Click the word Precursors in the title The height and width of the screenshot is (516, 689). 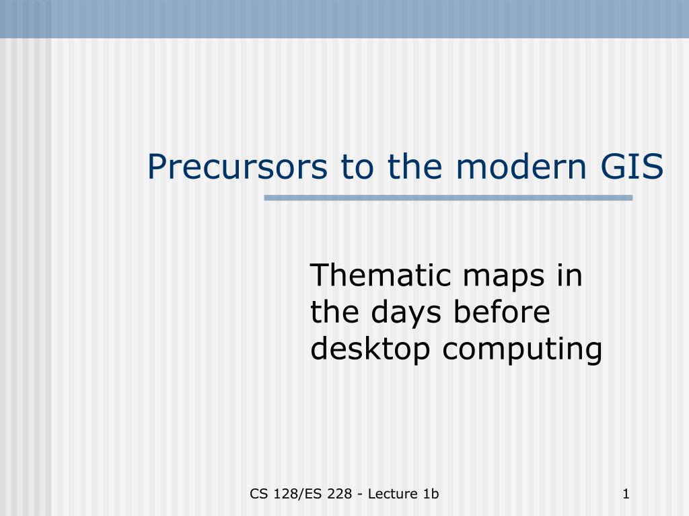click(x=238, y=167)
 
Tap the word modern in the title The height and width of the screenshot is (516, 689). click(x=521, y=167)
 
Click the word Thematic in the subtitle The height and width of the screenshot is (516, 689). click(x=381, y=275)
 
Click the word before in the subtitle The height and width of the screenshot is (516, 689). click(x=501, y=312)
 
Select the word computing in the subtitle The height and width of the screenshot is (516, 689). click(x=522, y=350)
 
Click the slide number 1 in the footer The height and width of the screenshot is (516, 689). click(x=626, y=494)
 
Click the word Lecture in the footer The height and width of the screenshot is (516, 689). click(x=393, y=494)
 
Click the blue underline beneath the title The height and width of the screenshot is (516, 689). click(x=448, y=198)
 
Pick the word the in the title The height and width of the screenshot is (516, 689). click(x=414, y=167)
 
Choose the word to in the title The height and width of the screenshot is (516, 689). click(x=357, y=167)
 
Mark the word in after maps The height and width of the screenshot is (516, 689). click(x=569, y=275)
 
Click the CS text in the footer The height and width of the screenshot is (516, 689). click(x=259, y=494)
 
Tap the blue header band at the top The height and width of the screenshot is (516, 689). click(x=344, y=19)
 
